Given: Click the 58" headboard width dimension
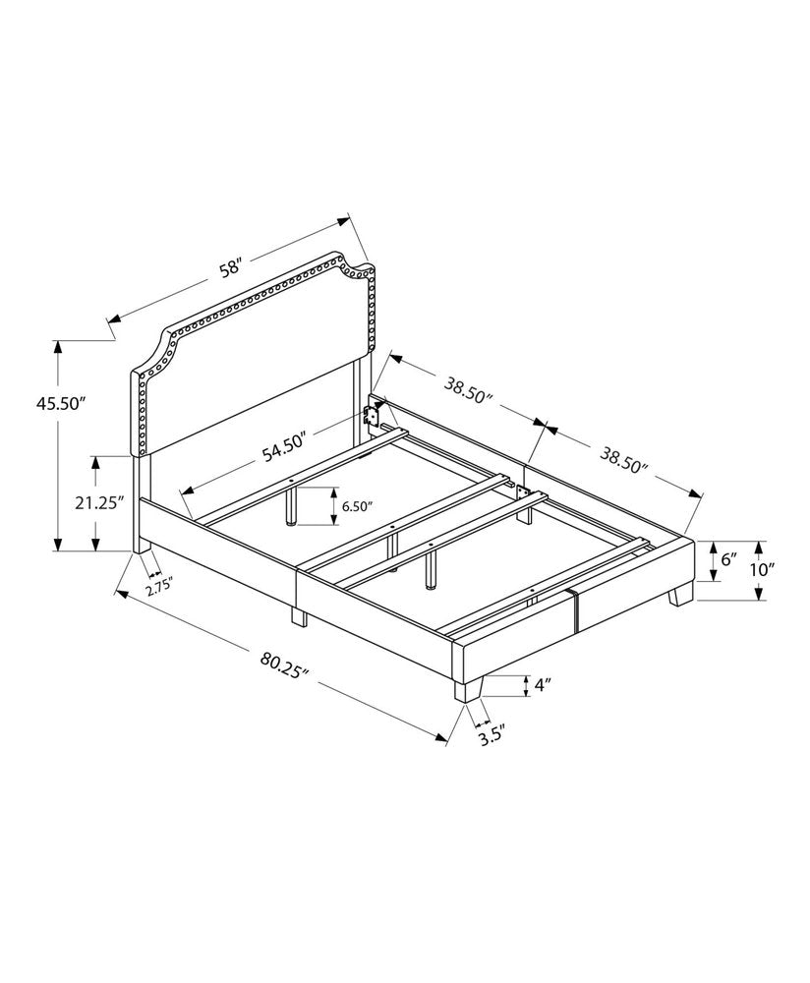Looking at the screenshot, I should (x=230, y=267).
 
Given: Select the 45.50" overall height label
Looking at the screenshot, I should (x=61, y=402).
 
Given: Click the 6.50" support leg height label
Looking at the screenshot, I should (x=357, y=507).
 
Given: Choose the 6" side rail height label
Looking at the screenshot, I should (x=728, y=559).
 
